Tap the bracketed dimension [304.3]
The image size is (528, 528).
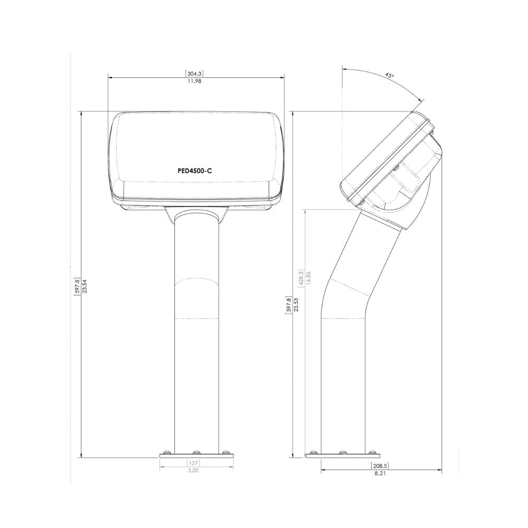(x=195, y=73)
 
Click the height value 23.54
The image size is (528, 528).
(x=84, y=286)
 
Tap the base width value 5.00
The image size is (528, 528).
(x=193, y=470)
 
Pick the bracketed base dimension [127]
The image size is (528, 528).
(x=193, y=463)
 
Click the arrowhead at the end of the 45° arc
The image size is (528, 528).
(x=421, y=100)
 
